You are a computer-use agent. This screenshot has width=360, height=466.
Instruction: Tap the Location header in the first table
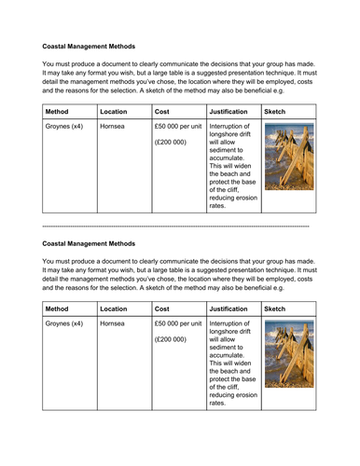pyautogui.click(x=114, y=110)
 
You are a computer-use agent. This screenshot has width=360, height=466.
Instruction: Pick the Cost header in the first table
pyautogui.click(x=162, y=110)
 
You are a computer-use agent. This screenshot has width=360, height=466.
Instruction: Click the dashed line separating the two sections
pyautogui.click(x=177, y=226)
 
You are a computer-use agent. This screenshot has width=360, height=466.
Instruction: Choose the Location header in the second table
pyautogui.click(x=114, y=308)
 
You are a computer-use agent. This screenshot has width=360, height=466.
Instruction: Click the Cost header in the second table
pyautogui.click(x=162, y=308)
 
